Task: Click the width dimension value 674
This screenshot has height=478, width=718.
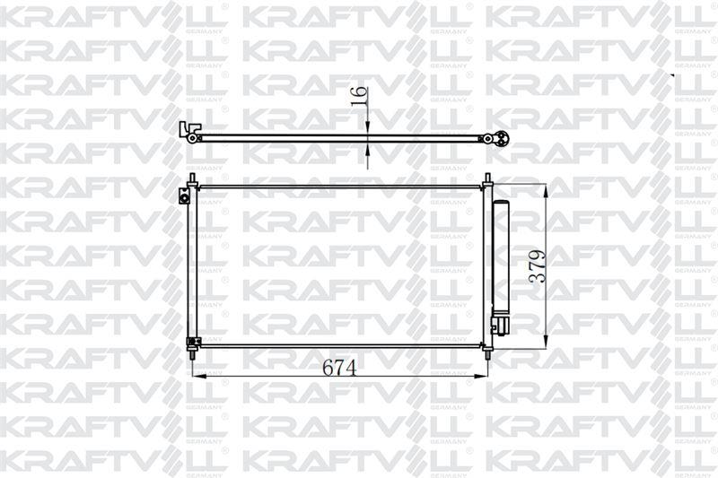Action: coord(339,368)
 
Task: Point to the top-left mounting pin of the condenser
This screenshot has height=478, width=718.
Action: coord(193,178)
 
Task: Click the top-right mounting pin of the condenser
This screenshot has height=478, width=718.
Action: coord(487,178)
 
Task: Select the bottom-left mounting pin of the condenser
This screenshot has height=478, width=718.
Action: coord(193,354)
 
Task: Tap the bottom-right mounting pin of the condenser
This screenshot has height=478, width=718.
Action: coord(487,353)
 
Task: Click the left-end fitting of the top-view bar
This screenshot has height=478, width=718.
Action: coord(188,131)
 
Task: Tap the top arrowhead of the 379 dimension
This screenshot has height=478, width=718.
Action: coord(546,188)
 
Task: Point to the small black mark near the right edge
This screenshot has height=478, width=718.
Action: coord(673,77)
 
